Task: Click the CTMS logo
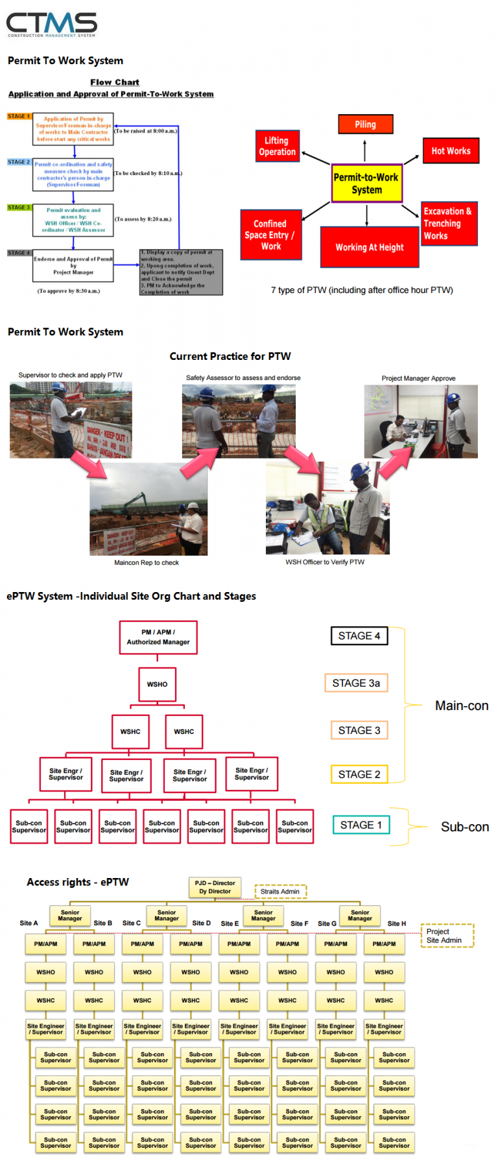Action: pos(51,25)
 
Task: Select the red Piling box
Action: pos(365,125)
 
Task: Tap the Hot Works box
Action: pos(451,151)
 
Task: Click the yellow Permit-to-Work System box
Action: pos(366,184)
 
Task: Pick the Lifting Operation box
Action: pos(277,147)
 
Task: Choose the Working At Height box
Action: pos(369,247)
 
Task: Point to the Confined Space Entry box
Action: pos(270,235)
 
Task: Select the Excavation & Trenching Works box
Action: pos(449,224)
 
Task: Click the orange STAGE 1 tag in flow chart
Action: pos(19,117)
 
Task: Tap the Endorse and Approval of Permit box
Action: pos(73,266)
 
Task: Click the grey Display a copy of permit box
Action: pos(181,272)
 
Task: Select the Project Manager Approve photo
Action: pos(421,422)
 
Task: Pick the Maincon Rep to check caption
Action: pos(147,563)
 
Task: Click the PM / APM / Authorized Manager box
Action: pos(158,637)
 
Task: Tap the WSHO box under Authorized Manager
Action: pos(157,684)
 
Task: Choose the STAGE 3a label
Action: pos(356,683)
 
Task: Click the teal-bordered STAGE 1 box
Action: pos(361,825)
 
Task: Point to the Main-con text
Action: pos(462,706)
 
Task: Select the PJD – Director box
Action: pos(215,887)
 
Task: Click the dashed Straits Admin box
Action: pos(280,892)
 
